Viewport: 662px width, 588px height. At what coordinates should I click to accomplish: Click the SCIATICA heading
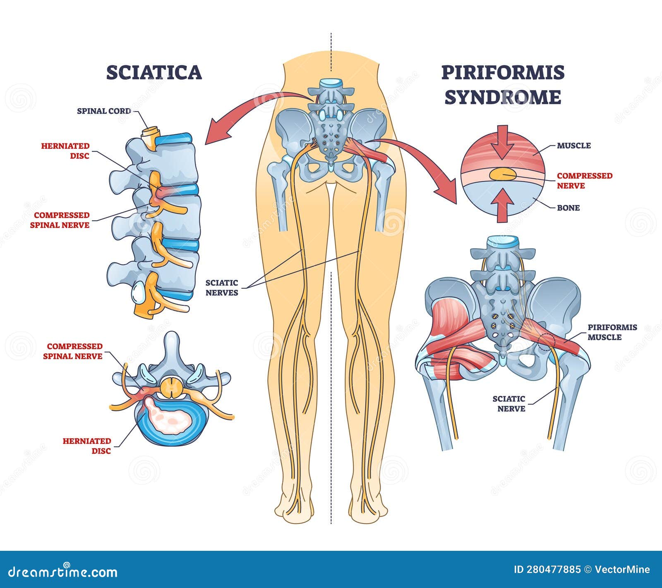point(154,72)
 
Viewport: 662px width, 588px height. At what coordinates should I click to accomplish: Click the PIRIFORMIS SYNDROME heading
point(503,85)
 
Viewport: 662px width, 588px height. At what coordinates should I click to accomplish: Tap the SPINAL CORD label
point(104,111)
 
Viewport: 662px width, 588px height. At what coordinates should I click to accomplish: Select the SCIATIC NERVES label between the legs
point(222,288)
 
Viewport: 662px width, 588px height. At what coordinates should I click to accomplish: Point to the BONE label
point(568,207)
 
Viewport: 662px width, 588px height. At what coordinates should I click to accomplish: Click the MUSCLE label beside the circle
point(573,145)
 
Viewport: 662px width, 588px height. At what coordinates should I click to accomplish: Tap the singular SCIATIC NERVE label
point(509,404)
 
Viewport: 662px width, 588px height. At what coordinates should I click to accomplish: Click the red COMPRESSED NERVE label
point(584,181)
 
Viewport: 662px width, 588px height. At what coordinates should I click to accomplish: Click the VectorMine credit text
point(622,569)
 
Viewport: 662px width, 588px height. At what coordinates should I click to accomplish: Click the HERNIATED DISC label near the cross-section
point(87,446)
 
